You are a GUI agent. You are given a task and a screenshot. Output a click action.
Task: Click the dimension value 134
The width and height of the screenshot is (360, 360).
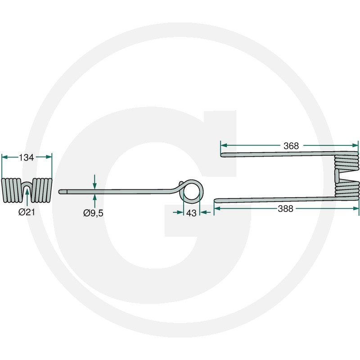click(x=26, y=157)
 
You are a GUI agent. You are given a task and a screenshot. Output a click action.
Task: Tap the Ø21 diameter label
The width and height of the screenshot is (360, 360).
click(x=27, y=212)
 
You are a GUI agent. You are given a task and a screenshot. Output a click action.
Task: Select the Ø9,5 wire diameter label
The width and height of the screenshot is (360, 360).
click(x=93, y=213)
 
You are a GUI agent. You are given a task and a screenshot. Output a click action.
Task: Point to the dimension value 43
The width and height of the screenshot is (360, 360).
click(x=192, y=213)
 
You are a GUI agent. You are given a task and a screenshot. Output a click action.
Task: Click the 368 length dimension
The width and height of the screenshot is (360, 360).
click(x=291, y=146)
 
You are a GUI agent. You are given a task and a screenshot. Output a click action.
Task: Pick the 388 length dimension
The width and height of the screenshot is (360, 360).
click(x=285, y=209)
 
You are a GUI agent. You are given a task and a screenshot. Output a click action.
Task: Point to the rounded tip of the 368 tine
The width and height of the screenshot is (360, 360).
click(x=222, y=155)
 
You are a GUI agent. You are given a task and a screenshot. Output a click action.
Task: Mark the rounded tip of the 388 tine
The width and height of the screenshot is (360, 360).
click(x=216, y=201)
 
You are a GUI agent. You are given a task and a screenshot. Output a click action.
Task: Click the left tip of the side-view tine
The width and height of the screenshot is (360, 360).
click(x=60, y=192)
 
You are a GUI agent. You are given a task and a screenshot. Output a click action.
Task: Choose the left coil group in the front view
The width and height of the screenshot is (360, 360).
click(x=12, y=190)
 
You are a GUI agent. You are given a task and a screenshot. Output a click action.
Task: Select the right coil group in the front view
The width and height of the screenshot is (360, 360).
click(x=41, y=190)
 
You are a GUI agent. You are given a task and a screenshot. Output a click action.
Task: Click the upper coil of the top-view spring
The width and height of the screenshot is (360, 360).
click(x=346, y=162)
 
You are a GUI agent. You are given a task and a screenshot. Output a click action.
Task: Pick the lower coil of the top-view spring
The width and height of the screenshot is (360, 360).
click(x=347, y=189)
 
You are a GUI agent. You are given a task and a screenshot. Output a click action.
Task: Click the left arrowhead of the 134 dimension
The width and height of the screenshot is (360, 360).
click(x=4, y=157)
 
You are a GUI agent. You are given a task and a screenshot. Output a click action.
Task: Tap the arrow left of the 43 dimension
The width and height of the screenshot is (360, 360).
click(x=178, y=212)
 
